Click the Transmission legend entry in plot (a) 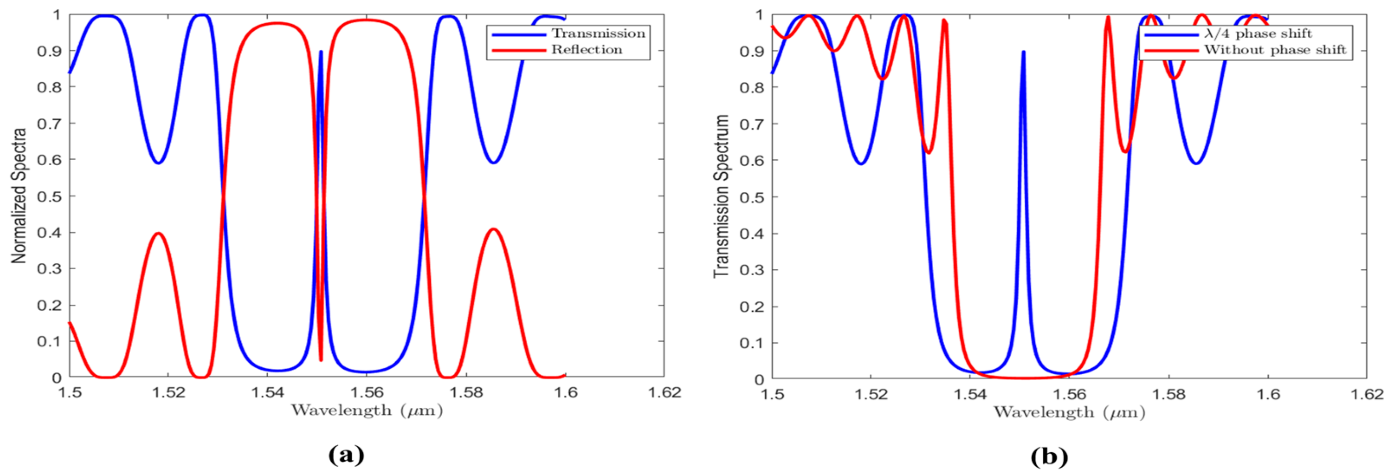pos(598,34)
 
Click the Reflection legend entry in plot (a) pos(586,50)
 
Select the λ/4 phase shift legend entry pos(1258,34)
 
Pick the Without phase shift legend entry pos(1275,50)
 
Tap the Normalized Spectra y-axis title pos(19,196)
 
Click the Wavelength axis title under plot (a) pos(367,411)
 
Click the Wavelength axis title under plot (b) pos(1069,412)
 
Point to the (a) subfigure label pos(346,455)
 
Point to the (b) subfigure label pos(1049,457)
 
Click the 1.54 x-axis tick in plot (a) pos(268,393)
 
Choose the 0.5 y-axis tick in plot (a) pos(49,196)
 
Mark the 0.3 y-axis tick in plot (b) pos(752,270)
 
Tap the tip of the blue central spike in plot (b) pos(1023,52)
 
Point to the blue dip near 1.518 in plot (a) pos(158,163)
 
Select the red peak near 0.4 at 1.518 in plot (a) pos(158,233)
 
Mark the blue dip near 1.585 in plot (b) pos(1197,163)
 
